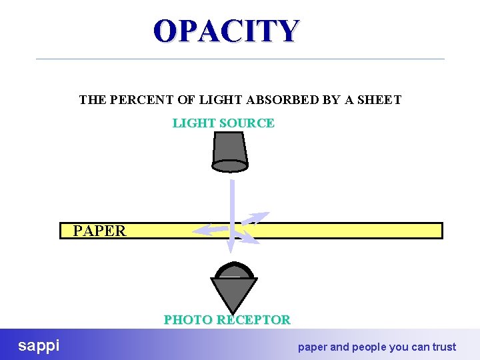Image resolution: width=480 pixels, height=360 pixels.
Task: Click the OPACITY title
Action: (x=227, y=31)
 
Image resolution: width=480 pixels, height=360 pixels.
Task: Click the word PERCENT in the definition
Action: (x=141, y=100)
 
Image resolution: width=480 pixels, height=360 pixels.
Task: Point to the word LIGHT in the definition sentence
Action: (x=215, y=100)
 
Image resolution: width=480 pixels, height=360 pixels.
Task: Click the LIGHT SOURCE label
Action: (x=223, y=123)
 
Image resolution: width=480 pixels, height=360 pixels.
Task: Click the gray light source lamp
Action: (x=230, y=150)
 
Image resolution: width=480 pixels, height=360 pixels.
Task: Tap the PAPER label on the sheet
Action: (x=99, y=231)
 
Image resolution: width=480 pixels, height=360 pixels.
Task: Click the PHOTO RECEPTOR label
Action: (x=227, y=319)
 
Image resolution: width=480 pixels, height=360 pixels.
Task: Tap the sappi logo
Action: (x=39, y=345)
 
